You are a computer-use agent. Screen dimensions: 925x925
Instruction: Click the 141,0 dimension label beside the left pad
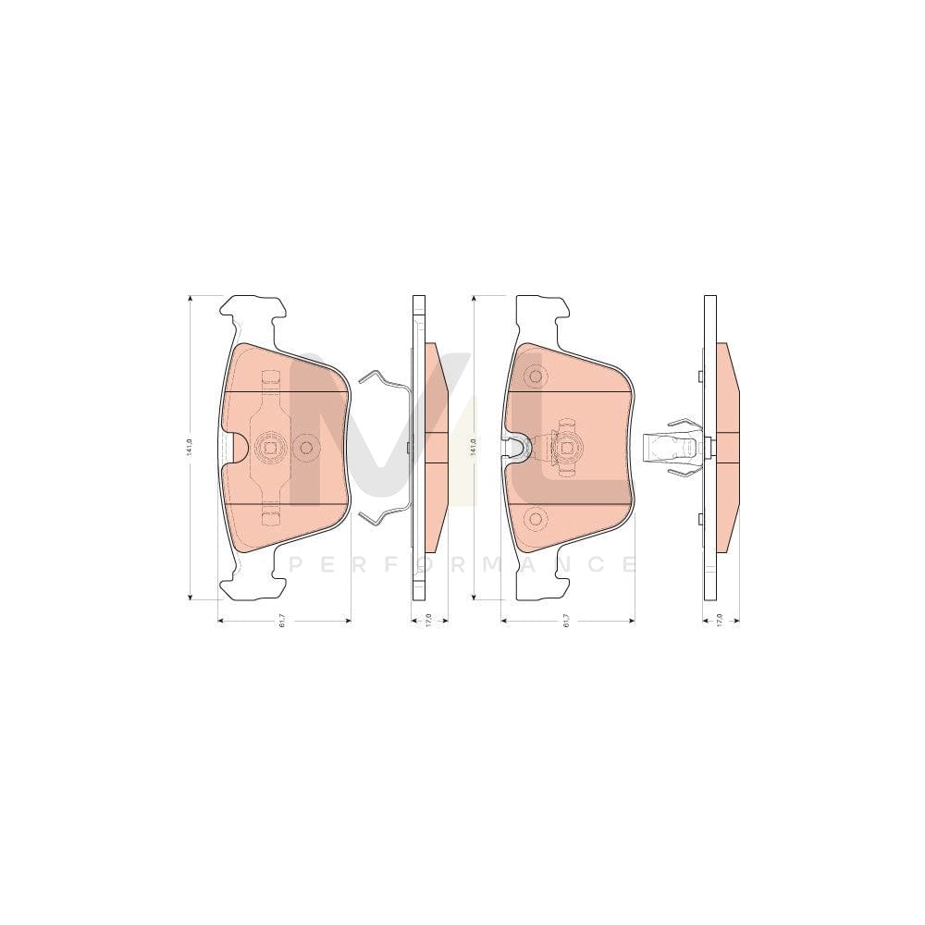click(188, 447)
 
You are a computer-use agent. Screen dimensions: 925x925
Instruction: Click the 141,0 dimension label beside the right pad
click(473, 447)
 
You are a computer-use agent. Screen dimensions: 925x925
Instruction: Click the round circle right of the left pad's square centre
click(306, 448)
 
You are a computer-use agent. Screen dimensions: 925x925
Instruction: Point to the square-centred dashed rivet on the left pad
click(271, 448)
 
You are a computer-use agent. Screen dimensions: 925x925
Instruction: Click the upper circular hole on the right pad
click(534, 376)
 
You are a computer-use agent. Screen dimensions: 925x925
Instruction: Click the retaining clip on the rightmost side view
click(673, 448)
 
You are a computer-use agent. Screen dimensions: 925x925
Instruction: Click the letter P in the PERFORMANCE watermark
click(295, 563)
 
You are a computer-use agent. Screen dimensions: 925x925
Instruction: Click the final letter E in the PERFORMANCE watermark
click(628, 563)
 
